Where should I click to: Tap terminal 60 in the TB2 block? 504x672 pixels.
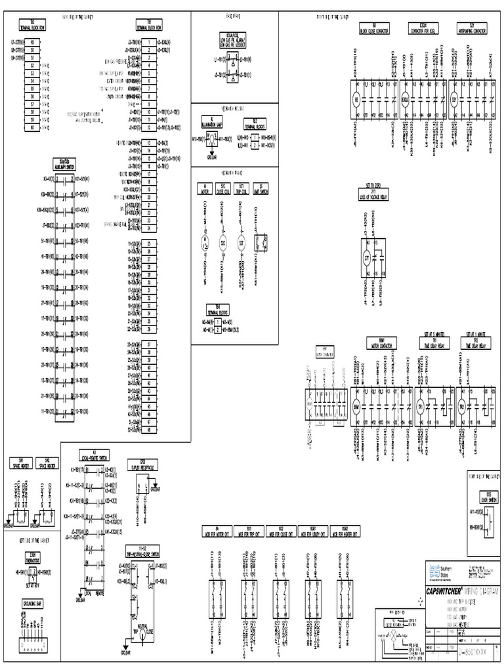click(x=33, y=127)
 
